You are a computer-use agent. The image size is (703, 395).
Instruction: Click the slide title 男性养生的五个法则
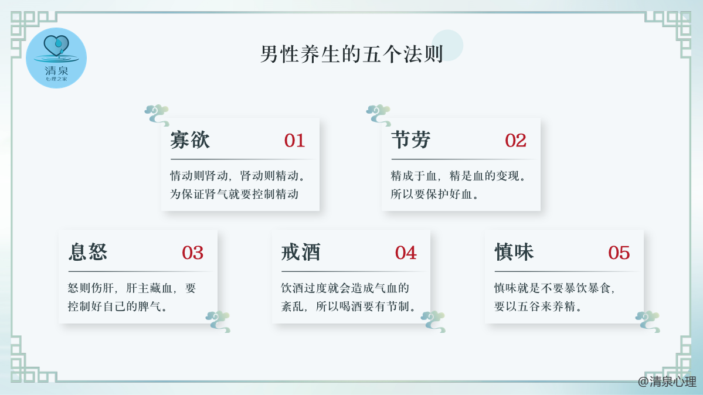click(x=352, y=55)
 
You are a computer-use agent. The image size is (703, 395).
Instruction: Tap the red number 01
click(x=294, y=141)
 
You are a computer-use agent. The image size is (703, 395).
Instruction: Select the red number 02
click(x=515, y=141)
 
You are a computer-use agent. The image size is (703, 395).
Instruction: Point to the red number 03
click(x=193, y=253)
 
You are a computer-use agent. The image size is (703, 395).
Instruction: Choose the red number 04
click(x=406, y=253)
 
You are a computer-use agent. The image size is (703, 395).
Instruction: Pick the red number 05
click(x=619, y=253)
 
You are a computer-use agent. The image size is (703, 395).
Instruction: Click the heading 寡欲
click(x=190, y=140)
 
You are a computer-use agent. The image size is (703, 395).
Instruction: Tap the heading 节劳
click(x=410, y=140)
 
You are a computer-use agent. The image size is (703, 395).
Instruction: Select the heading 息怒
click(x=88, y=252)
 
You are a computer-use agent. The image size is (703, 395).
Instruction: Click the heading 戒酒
click(x=301, y=252)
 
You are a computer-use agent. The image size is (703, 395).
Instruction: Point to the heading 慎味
click(x=514, y=252)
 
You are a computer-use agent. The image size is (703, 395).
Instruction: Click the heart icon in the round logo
click(x=56, y=45)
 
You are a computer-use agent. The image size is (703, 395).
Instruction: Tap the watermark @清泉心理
click(x=667, y=382)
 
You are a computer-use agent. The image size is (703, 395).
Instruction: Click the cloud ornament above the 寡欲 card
click(x=157, y=115)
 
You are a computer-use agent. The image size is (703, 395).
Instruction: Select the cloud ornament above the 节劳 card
click(x=378, y=115)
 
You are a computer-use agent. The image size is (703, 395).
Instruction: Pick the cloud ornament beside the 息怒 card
click(x=218, y=322)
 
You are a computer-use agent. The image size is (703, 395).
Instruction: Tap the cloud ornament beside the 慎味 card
click(x=648, y=322)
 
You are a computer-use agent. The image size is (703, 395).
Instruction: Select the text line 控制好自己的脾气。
click(x=117, y=307)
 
